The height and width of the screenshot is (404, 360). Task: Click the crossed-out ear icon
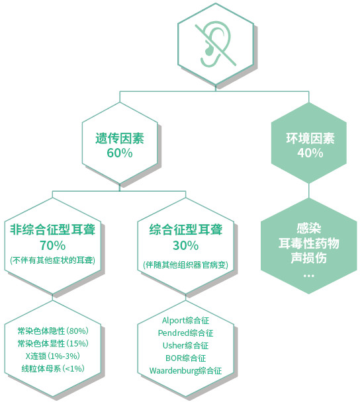pyautogui.click(x=215, y=44)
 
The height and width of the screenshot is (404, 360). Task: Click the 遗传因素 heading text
pyautogui.click(x=120, y=138)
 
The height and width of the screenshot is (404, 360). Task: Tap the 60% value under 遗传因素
pyautogui.click(x=120, y=153)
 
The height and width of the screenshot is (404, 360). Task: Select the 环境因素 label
pyautogui.click(x=310, y=138)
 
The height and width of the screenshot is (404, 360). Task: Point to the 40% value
pyautogui.click(x=310, y=153)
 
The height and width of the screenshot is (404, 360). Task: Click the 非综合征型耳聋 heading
pyautogui.click(x=52, y=229)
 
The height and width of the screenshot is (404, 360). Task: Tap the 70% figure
pyautogui.click(x=52, y=245)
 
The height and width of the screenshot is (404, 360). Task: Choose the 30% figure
pyautogui.click(x=186, y=245)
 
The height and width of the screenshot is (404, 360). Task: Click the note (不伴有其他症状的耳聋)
pyautogui.click(x=52, y=261)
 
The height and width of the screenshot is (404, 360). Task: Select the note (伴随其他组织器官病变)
pyautogui.click(x=186, y=265)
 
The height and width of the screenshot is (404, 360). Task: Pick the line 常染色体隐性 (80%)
pyautogui.click(x=53, y=331)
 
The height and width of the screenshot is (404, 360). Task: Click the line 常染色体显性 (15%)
pyautogui.click(x=53, y=343)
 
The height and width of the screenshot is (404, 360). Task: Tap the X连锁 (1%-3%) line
pyautogui.click(x=52, y=356)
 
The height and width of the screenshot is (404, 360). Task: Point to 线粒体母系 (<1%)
pyautogui.click(x=53, y=369)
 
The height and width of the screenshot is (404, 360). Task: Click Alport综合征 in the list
pyautogui.click(x=186, y=321)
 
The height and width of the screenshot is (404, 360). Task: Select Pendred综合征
pyautogui.click(x=186, y=333)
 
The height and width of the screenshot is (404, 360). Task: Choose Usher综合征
pyautogui.click(x=186, y=346)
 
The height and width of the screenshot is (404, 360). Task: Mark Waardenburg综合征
pyautogui.click(x=186, y=371)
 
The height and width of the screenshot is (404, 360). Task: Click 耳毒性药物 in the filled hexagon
pyautogui.click(x=308, y=243)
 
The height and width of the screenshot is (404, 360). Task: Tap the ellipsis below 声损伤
pyautogui.click(x=308, y=276)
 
